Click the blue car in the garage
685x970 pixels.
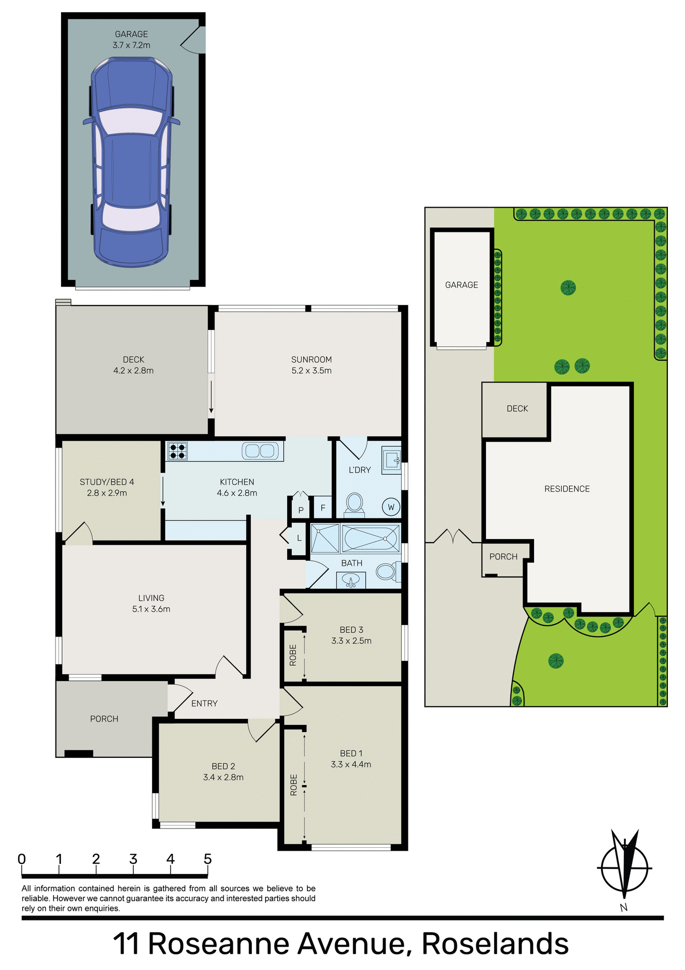pos(131,162)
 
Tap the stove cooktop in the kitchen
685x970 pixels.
pos(177,451)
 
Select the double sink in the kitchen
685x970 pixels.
pos(260,451)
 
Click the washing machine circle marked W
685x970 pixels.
pos(391,507)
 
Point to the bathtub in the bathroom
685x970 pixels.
pos(371,538)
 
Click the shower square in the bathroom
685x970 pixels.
pos(325,539)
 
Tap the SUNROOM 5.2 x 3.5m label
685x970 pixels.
pos(311,365)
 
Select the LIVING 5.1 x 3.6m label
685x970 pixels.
pos(151,603)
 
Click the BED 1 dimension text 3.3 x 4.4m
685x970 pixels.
pos(351,764)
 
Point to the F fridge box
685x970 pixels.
pos(323,508)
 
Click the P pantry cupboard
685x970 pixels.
pos(301,509)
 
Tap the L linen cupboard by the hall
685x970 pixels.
pos(299,539)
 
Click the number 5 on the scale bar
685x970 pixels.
pos(207,859)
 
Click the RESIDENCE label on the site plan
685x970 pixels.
pos(567,489)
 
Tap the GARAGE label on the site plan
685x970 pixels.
pos(461,285)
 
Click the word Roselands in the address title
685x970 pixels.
pos(495,944)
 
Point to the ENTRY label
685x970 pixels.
pos(204,703)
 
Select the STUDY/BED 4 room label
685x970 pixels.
pos(107,482)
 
